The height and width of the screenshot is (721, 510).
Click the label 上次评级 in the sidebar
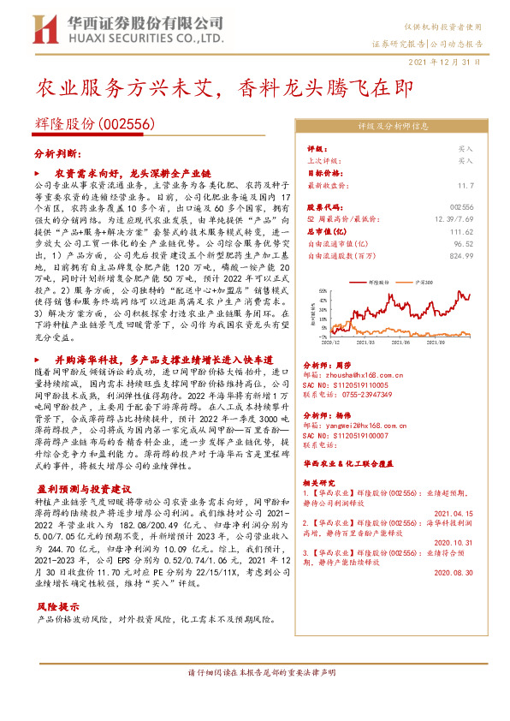coord(323,160)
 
